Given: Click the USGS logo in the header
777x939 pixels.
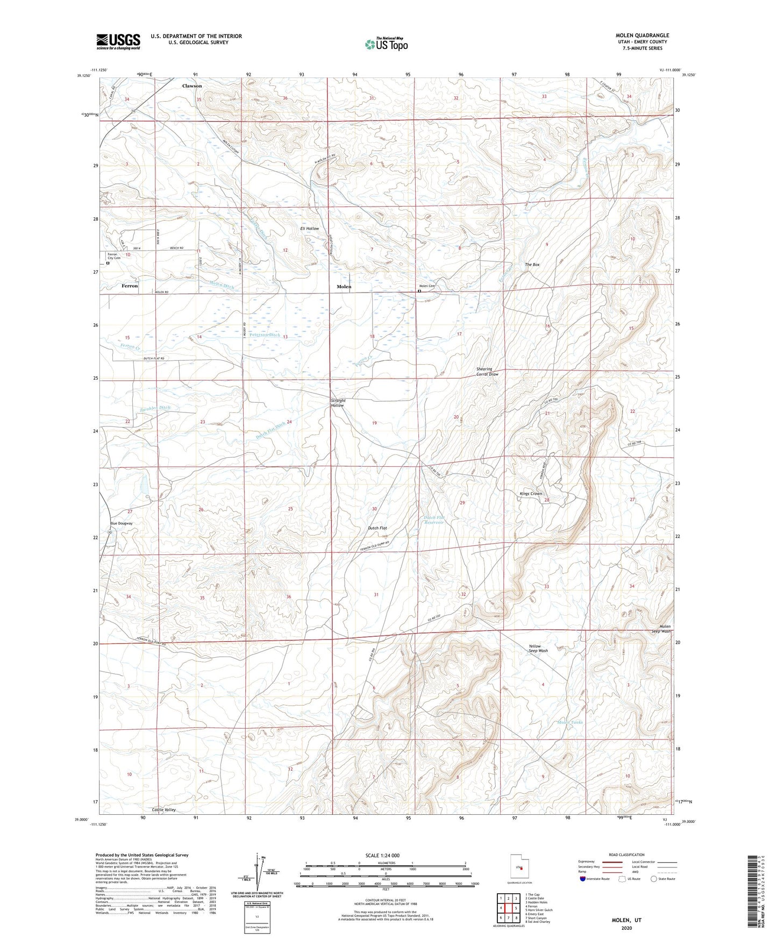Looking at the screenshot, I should [118, 41].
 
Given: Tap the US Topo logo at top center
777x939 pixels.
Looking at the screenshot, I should [386, 44].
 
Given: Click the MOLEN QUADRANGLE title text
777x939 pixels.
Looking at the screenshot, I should [642, 35].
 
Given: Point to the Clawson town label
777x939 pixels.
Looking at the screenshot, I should [192, 86].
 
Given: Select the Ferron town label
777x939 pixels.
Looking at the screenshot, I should [130, 286].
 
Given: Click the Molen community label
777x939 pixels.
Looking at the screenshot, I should [344, 287].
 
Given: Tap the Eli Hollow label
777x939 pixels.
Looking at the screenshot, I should [309, 229].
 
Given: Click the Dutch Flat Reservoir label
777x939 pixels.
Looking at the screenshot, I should [434, 520].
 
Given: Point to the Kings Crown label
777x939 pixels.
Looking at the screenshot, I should [531, 493].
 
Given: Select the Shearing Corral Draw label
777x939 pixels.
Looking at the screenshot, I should [487, 372].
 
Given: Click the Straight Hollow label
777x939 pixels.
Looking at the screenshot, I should [338, 403].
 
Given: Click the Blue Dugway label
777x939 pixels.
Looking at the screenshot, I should [121, 523].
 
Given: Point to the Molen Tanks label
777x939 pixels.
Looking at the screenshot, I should [570, 722].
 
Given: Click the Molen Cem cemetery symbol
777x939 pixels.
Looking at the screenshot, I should [419, 291].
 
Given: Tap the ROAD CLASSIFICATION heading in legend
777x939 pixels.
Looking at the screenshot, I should [626, 855].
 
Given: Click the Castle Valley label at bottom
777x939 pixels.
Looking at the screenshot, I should [163, 809].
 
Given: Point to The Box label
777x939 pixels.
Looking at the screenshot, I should [532, 265].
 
